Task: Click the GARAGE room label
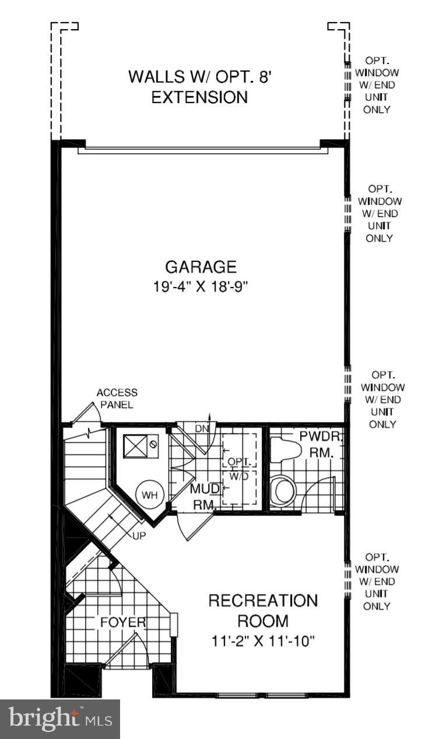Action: click(201, 267)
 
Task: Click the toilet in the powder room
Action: click(285, 449)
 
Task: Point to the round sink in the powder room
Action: click(284, 490)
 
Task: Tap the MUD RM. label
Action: click(203, 496)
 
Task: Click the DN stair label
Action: click(202, 429)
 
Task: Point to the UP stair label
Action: click(139, 535)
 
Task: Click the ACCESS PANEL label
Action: click(117, 399)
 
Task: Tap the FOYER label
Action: click(122, 622)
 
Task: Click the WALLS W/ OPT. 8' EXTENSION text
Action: click(200, 87)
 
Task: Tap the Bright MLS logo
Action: click(59, 719)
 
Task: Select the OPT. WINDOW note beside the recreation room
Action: click(377, 581)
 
